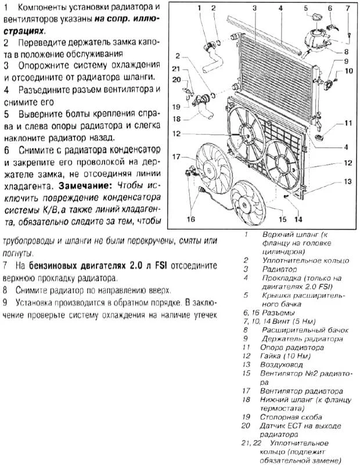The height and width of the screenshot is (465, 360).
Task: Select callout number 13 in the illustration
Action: pos(347,182)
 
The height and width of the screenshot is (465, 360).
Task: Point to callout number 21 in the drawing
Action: pos(177,69)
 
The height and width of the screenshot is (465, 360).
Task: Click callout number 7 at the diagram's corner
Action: pos(348,8)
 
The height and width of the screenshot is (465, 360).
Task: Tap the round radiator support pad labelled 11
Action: pos(319,138)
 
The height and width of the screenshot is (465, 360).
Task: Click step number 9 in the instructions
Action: pos(5,303)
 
